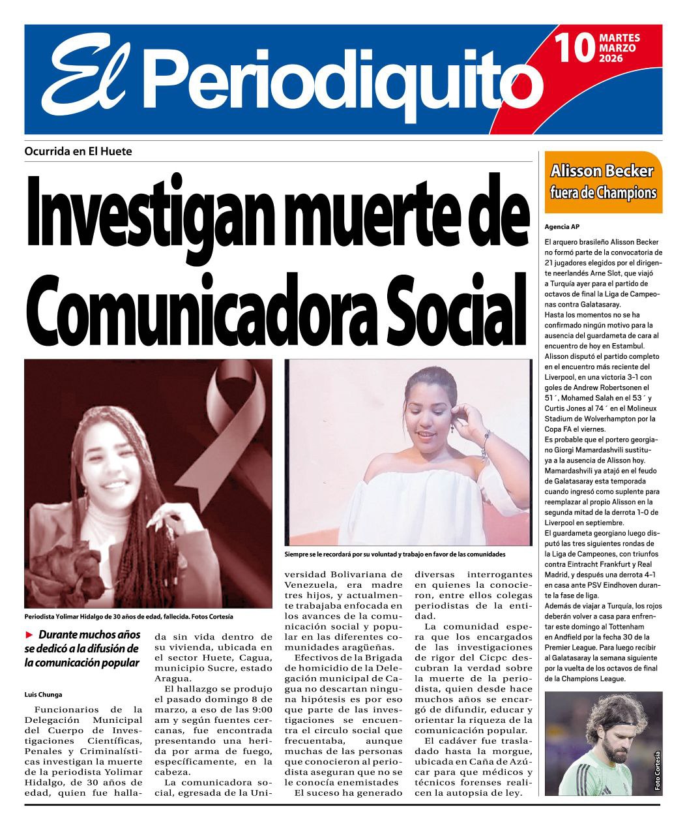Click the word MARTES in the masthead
(619, 38)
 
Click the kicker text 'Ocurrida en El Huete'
(78, 151)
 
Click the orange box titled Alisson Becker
(602, 182)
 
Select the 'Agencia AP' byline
(562, 227)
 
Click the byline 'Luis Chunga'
(43, 694)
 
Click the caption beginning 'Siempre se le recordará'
(395, 554)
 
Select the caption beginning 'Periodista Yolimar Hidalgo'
(128, 616)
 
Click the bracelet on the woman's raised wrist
(485, 444)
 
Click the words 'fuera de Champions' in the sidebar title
(602, 193)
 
